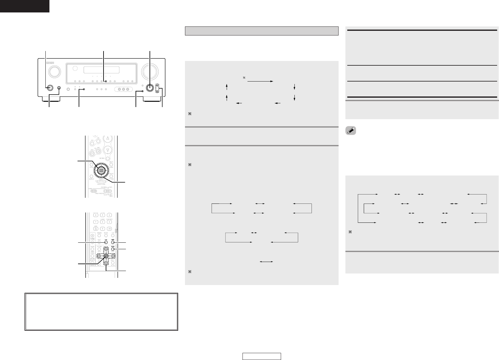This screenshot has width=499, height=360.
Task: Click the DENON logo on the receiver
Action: pyautogui.click(x=50, y=63)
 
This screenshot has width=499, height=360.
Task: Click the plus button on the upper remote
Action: pyautogui.click(x=98, y=151)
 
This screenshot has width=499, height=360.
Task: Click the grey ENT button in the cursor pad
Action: pyautogui.click(x=106, y=256)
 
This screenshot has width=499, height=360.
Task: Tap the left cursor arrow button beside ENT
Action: pyautogui.click(x=99, y=256)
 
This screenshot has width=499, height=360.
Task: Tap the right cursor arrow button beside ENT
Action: pyautogui.click(x=113, y=256)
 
